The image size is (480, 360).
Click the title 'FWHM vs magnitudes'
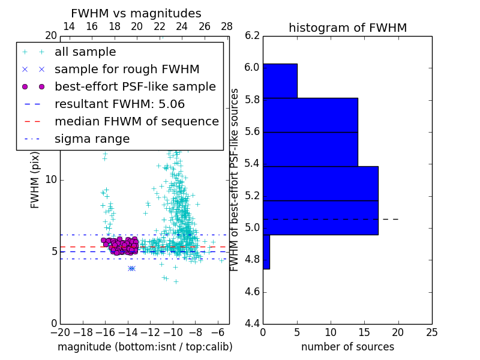tap(136, 13)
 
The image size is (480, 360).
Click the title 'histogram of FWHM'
tap(347, 28)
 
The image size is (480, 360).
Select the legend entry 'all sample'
tap(85, 52)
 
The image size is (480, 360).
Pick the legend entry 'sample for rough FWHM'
tap(127, 70)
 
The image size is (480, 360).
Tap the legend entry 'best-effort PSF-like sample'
tap(135, 87)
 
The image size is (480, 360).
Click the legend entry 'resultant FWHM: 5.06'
tap(119, 104)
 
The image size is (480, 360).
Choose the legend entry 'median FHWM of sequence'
tap(137, 122)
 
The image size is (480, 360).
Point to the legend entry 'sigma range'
tap(92, 139)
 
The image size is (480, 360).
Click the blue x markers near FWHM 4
tap(131, 268)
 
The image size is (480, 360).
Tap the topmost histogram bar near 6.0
tap(280, 80)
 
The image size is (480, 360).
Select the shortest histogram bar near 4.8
tap(266, 252)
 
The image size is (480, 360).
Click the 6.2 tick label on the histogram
tap(253, 35)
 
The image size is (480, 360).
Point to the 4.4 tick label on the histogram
tap(253, 324)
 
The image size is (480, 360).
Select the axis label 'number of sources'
tap(347, 347)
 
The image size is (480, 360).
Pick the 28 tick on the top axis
tap(227, 26)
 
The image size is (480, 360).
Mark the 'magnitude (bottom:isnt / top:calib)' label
tap(145, 347)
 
